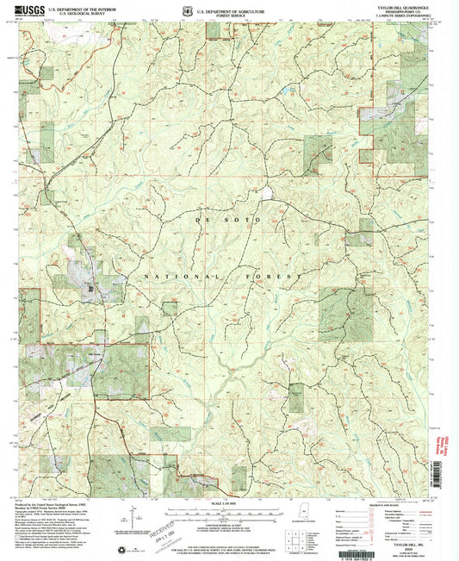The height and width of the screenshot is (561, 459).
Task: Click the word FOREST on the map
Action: (277, 275)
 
